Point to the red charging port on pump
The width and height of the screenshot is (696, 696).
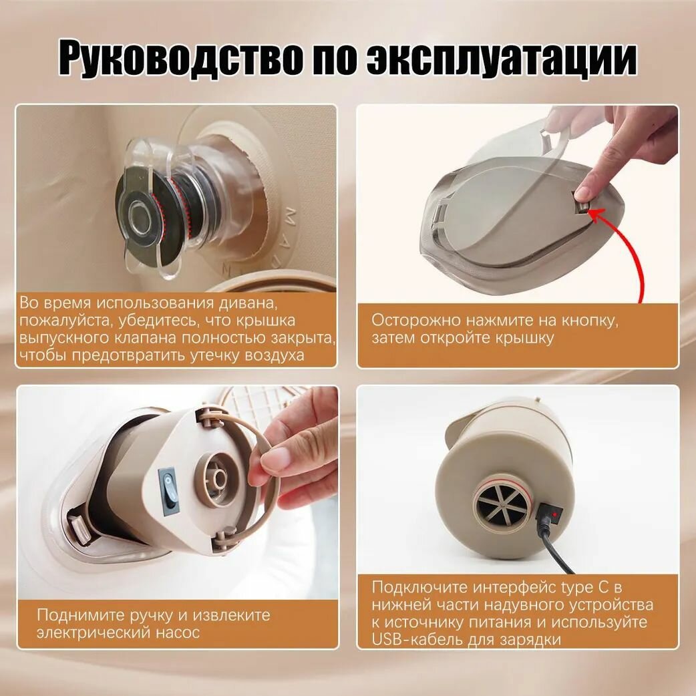point(554,514)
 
